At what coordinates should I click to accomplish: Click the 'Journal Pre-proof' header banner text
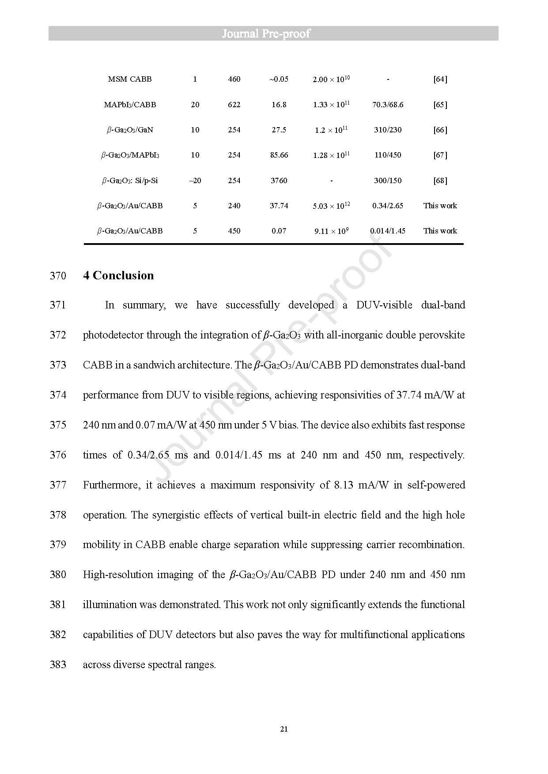pyautogui.click(x=266, y=34)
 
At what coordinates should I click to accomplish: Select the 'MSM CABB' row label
pyautogui.click(x=129, y=79)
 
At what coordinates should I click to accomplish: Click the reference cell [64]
pyautogui.click(x=440, y=79)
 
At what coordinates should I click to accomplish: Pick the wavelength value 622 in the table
pyautogui.click(x=234, y=105)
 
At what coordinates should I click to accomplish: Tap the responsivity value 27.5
pyautogui.click(x=279, y=130)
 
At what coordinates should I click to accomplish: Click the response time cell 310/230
pyautogui.click(x=388, y=130)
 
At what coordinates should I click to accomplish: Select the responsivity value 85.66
pyautogui.click(x=279, y=155)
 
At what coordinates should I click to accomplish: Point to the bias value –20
pyautogui.click(x=195, y=180)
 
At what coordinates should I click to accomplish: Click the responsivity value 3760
pyautogui.click(x=279, y=180)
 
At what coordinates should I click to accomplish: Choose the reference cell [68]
pyautogui.click(x=440, y=180)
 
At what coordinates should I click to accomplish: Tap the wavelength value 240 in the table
pyautogui.click(x=234, y=206)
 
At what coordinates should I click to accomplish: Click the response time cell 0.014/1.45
pyautogui.click(x=388, y=231)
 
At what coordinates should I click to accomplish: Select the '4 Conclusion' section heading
pyautogui.click(x=119, y=275)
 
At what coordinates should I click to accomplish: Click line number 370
pyautogui.click(x=58, y=276)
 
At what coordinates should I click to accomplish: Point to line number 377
pyautogui.click(x=58, y=485)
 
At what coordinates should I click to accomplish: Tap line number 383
pyautogui.click(x=58, y=665)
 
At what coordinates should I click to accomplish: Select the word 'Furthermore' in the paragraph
pyautogui.click(x=111, y=485)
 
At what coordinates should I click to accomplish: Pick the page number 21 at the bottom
pyautogui.click(x=284, y=729)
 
